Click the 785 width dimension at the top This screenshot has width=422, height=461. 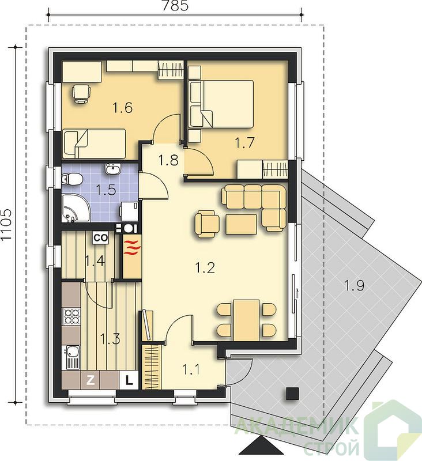click(175, 5)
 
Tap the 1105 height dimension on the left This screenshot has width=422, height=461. click(6, 225)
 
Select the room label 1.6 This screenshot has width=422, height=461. click(123, 108)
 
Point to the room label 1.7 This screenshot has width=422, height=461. click(244, 142)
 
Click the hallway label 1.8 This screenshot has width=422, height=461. click(168, 161)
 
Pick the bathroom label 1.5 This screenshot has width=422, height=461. click(106, 190)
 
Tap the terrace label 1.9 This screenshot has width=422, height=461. click(354, 285)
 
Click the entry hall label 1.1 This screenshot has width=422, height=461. click(191, 369)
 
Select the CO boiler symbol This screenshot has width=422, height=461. click(100, 238)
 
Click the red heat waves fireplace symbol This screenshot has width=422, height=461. click(132, 247)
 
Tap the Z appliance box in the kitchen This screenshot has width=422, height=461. click(91, 380)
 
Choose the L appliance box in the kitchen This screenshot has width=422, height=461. click(129, 380)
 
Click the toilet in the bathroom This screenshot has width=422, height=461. click(72, 179)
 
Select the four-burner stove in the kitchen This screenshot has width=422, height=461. click(71, 316)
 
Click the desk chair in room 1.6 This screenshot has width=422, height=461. click(81, 93)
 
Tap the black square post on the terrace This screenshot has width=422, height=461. click(293, 394)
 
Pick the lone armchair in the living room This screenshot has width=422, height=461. click(207, 224)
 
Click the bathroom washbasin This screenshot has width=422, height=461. click(112, 169)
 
